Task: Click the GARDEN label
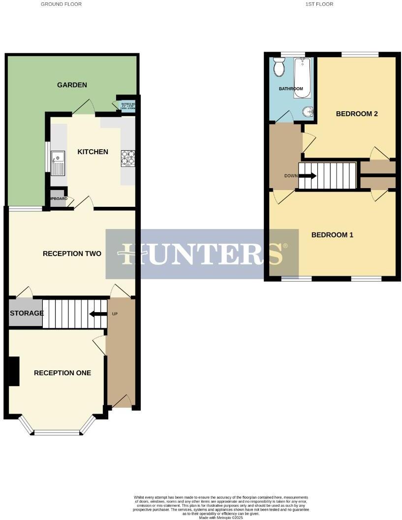coord(72,85)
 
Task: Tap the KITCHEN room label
coord(93,152)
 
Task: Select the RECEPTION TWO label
coord(72,254)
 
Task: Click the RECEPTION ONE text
coord(62,373)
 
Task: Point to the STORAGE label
coord(27,313)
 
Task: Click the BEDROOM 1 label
coord(332,235)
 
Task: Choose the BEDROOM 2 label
coord(357,114)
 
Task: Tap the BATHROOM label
coord(291,89)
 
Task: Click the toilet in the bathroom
coord(279,67)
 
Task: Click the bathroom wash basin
coord(308,112)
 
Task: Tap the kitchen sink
coord(58,162)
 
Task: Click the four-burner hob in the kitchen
coord(128,158)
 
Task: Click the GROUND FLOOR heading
coord(61,4)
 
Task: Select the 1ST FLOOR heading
coord(319,4)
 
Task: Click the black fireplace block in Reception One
coord(14,371)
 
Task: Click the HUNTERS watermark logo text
coord(202,254)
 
